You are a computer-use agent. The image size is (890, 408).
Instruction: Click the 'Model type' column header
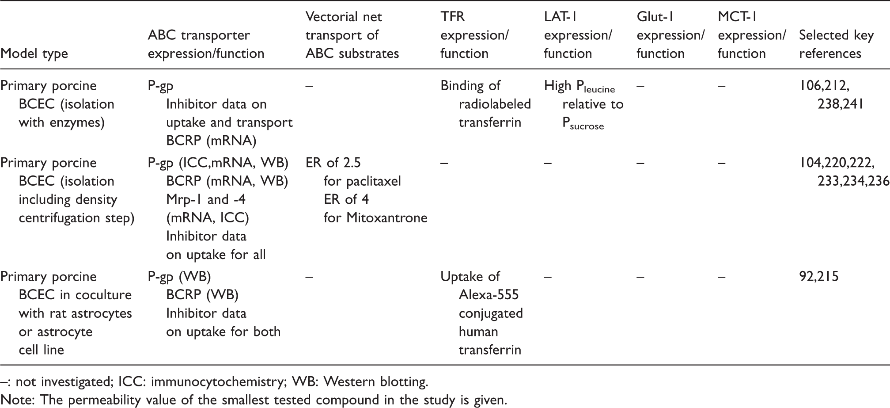pyautogui.click(x=34, y=53)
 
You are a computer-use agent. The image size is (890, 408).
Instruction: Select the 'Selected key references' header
pyautogui.click(x=837, y=44)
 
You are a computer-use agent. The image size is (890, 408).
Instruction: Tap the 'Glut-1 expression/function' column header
pyautogui.click(x=670, y=35)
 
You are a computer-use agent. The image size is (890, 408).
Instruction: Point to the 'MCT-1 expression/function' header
pyautogui.click(x=752, y=35)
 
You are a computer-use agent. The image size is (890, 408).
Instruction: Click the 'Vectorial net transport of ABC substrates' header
pyautogui.click(x=352, y=35)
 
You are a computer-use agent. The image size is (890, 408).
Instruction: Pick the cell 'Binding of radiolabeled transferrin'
pyautogui.click(x=486, y=104)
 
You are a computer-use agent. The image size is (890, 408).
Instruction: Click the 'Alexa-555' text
pyautogui.click(x=489, y=295)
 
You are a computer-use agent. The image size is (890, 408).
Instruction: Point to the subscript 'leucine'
pyautogui.click(x=597, y=89)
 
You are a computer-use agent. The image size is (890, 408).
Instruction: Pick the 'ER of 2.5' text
pyautogui.click(x=333, y=163)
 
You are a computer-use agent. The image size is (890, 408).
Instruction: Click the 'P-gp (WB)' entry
pyautogui.click(x=179, y=277)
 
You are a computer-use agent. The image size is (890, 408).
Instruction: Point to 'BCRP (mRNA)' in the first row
pyautogui.click(x=211, y=141)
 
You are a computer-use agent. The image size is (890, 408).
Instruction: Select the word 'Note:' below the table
pyautogui.click(x=18, y=400)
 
